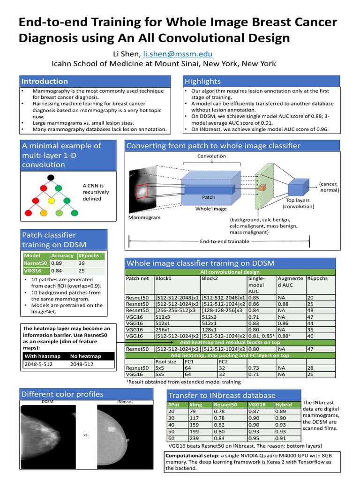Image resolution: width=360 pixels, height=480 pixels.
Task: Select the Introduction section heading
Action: pos(45,81)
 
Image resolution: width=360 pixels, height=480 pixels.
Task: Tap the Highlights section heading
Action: pos(202,81)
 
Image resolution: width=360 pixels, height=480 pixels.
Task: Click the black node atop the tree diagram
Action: pos(51,178)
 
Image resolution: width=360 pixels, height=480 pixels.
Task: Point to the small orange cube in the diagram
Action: pos(262,187)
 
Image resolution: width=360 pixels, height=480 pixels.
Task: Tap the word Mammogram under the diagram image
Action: pos(144,217)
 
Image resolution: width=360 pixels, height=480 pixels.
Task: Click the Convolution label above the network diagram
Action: pos(211,156)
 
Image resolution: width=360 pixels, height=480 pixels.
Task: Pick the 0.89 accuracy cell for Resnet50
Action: pos(56,263)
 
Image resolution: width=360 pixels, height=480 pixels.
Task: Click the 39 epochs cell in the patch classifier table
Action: pos(82,263)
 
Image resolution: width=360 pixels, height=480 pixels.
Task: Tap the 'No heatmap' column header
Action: pos(86,356)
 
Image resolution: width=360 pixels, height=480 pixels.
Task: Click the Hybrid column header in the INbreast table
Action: pos(284,405)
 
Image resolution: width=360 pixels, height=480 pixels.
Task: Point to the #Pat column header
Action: pos(173,405)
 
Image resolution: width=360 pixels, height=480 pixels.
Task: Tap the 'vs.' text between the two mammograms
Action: pos(86,435)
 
